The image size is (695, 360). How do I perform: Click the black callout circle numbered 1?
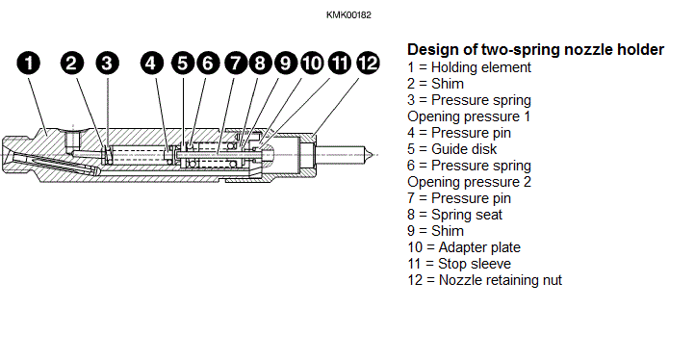tap(28, 63)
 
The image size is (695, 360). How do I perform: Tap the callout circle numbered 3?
tap(107, 63)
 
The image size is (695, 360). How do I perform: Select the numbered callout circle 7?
tap(236, 63)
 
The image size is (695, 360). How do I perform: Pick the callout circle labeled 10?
tap(313, 63)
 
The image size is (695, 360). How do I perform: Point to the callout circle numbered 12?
tap(368, 63)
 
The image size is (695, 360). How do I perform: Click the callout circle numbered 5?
tap(183, 63)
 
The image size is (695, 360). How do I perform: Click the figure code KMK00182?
tap(348, 15)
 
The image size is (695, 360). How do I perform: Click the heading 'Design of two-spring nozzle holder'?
tap(535, 49)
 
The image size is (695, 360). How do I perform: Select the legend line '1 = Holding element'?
tap(469, 67)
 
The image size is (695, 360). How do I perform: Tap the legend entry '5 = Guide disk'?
tap(452, 149)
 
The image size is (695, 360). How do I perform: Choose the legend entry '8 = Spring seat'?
tap(454, 215)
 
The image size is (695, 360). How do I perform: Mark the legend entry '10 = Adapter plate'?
tap(464, 247)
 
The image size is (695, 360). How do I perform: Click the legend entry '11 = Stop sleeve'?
tap(459, 264)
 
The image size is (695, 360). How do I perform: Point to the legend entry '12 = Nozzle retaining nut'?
tap(484, 280)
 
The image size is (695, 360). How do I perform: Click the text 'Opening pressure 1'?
tap(469, 116)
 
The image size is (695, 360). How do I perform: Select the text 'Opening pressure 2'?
tap(469, 182)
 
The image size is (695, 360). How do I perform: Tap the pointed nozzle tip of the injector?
tap(369, 154)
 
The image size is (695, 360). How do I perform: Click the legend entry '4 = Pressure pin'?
tap(459, 133)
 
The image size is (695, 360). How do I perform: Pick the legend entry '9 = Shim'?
tap(436, 231)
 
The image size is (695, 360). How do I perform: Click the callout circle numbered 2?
tap(72, 63)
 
